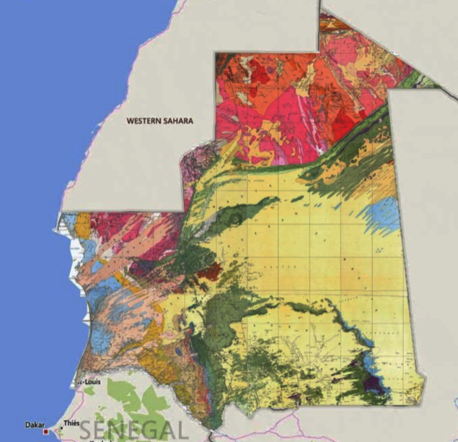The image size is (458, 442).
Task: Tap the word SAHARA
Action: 177,121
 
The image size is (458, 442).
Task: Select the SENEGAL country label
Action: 133,428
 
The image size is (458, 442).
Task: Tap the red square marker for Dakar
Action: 47,431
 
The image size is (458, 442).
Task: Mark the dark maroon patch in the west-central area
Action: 209,272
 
